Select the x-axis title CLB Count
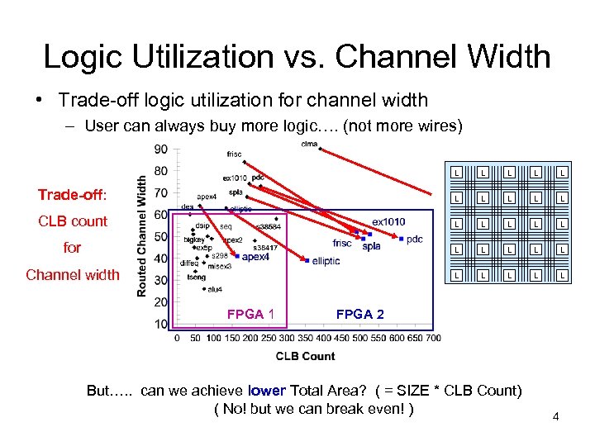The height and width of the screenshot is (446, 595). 305,356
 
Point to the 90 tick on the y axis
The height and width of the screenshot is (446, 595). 160,149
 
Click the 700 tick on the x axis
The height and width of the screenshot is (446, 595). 432,337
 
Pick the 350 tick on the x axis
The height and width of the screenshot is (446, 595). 304,337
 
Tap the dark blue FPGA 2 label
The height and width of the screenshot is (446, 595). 359,314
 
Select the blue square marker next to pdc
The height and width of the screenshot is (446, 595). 401,240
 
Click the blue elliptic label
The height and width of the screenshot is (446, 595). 326,261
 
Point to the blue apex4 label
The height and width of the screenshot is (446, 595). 255,258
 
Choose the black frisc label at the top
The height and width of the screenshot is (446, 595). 234,154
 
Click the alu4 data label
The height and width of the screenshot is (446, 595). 215,289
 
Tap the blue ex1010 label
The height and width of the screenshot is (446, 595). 388,222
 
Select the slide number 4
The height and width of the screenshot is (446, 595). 556,417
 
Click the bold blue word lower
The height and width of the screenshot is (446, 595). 266,391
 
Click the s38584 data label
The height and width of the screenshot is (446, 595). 268,226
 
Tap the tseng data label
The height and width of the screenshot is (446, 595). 196,278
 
